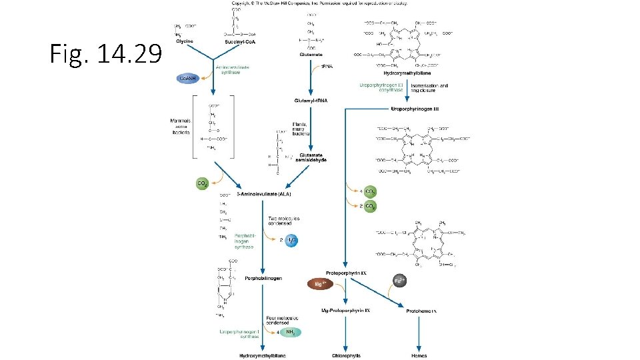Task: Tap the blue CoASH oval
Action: click(x=188, y=77)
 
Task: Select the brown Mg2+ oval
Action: click(x=319, y=284)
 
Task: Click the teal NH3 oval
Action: click(x=290, y=332)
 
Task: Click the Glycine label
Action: click(x=185, y=42)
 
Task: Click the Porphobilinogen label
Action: click(x=263, y=278)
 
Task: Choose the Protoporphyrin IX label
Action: click(x=347, y=273)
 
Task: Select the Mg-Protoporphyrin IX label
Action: click(x=345, y=311)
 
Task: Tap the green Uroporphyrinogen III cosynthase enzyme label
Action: click(x=381, y=88)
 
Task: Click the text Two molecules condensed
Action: click(x=284, y=221)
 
